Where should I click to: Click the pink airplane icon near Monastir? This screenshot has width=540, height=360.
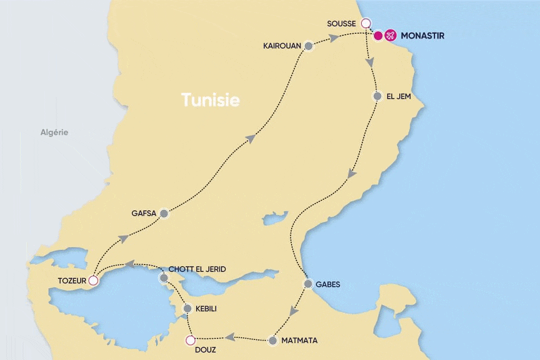[x=390, y=36]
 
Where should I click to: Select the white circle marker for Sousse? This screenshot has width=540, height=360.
[x=365, y=23]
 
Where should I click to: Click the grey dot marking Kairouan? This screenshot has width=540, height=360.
[x=309, y=46]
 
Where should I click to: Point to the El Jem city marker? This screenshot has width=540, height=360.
[x=377, y=96]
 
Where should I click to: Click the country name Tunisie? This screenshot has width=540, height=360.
[x=210, y=100]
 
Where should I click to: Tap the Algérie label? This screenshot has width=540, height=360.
[x=54, y=132]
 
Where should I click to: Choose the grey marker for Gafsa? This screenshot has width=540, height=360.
[x=164, y=213]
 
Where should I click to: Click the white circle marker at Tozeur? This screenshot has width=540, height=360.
[x=93, y=280]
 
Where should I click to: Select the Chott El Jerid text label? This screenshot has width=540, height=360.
[x=197, y=269]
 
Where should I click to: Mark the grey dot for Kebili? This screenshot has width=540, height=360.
[x=187, y=308]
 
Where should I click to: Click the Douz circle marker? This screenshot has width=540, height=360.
[x=190, y=340]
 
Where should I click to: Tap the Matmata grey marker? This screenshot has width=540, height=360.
[x=273, y=341]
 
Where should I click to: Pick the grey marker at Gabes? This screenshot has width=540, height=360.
[x=308, y=284]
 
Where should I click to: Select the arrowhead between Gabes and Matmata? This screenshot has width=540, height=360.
[x=294, y=312]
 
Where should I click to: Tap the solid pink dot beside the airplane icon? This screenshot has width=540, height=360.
[x=378, y=36]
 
